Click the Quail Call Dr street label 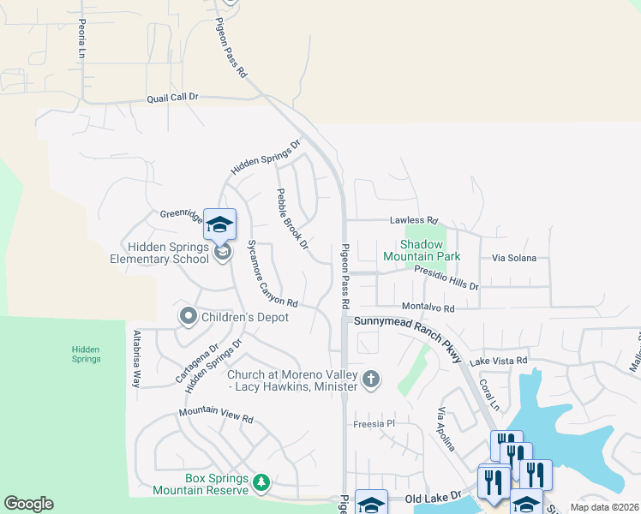coord(171,98)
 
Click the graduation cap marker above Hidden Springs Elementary coord(219,224)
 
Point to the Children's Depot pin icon coord(188,317)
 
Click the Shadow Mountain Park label coord(422,250)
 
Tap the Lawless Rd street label coord(414,220)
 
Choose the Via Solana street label coord(514,258)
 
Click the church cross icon coord(371,379)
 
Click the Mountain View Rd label coord(216,415)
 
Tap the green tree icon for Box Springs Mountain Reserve coord(261,484)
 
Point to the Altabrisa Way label coord(135,359)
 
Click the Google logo coord(28,504)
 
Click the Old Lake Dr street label coord(433,497)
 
